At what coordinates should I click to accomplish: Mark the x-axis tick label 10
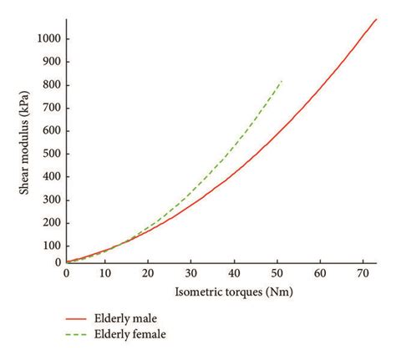pos(104,274)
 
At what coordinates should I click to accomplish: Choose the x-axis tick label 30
pos(191,274)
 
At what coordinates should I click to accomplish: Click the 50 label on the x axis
pos(278,274)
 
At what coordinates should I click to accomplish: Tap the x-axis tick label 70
pos(364,274)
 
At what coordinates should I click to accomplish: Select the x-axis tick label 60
pos(322,274)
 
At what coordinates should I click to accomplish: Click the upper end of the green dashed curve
pos(282,80)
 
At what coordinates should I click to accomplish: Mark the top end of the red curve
pos(377,18)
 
